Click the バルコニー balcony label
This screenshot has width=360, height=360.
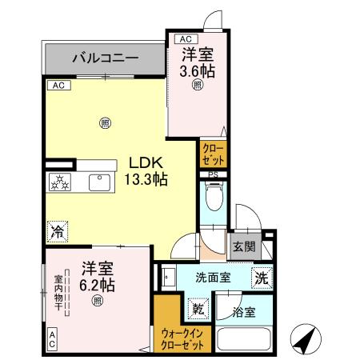coord(105,58)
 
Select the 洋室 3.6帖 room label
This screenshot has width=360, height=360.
coord(196,62)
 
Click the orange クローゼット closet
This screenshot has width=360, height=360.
coord(213,153)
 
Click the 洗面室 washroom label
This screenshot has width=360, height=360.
coord(213,278)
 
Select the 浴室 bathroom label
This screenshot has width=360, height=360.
coord(245,312)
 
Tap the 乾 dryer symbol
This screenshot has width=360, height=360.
coord(196,306)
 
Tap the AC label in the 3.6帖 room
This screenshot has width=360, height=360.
coord(184,38)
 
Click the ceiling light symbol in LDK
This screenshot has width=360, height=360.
coord(105,122)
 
